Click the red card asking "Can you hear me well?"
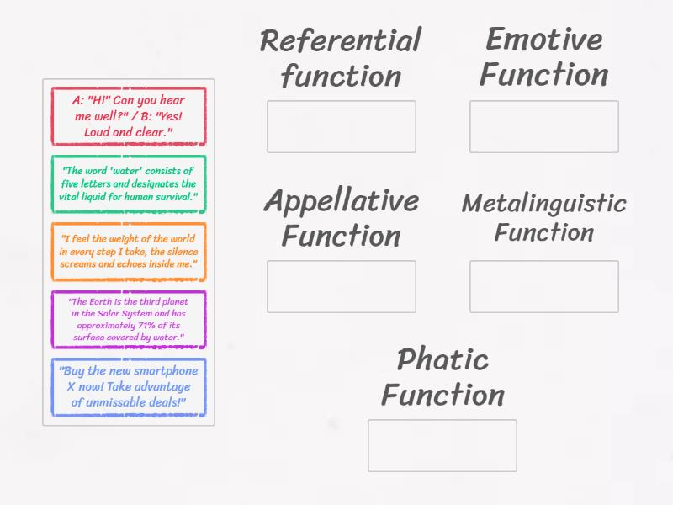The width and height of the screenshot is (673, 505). coord(128,116)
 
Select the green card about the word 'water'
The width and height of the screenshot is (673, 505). coord(128,183)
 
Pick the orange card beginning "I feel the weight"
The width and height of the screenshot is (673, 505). coord(128,251)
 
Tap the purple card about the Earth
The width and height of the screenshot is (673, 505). coord(128,319)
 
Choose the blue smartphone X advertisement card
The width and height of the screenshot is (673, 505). coord(128,387)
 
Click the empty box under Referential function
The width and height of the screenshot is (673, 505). coord(342,126)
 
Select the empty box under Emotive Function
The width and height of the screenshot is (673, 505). coord(543,126)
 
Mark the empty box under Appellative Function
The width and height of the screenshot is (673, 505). coord(342,286)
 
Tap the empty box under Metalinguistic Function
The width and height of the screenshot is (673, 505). coord(543,286)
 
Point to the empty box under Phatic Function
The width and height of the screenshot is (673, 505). coord(442,445)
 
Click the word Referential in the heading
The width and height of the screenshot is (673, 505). coord(341,40)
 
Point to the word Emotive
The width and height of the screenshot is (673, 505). coord(543,39)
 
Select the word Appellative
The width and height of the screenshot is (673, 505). coord(341,201)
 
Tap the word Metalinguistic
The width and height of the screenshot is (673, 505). coord(543,204)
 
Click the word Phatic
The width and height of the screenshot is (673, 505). coord(442,359)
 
